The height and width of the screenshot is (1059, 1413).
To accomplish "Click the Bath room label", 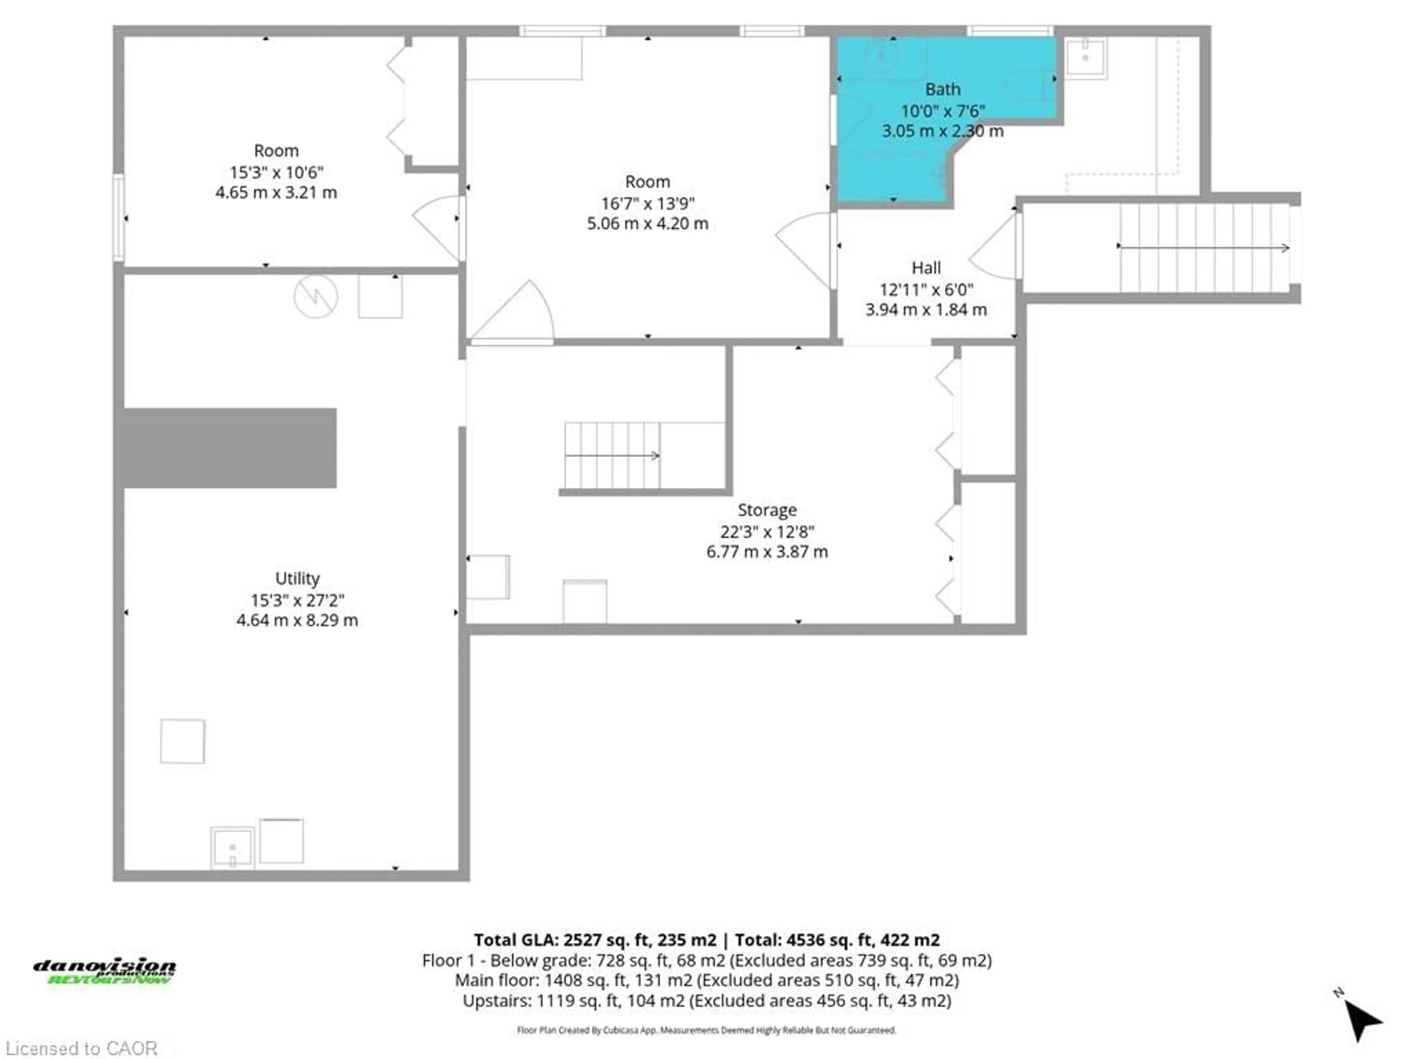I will [x=942, y=89].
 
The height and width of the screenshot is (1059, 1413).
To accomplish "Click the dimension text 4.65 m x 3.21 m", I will [x=276, y=193].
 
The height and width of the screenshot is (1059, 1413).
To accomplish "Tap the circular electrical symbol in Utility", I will [x=316, y=296].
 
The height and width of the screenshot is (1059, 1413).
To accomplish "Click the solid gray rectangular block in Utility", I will [x=230, y=448].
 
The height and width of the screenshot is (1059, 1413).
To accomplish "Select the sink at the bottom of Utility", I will [x=233, y=848].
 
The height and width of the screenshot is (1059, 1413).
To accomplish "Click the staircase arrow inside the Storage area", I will [x=612, y=455].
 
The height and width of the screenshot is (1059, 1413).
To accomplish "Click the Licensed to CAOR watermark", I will [x=81, y=1048].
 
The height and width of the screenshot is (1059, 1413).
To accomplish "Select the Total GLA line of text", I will [x=706, y=939].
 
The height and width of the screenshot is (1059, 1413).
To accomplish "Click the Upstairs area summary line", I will [x=706, y=1000].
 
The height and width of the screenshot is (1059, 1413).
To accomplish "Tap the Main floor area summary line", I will [x=706, y=980].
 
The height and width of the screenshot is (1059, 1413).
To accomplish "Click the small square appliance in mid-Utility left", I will [x=183, y=741].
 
